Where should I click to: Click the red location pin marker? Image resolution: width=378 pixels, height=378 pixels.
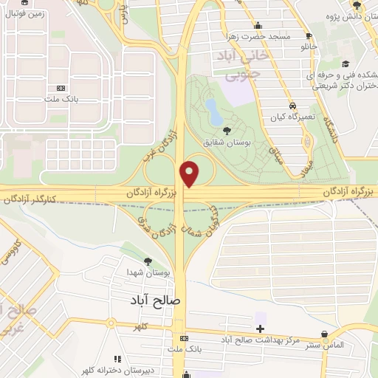point(190,173)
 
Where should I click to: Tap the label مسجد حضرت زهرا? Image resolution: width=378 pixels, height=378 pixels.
point(255,36)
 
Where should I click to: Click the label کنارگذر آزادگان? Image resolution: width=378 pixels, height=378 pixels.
point(30,199)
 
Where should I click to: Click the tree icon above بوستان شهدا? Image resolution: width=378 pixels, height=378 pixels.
point(148,261)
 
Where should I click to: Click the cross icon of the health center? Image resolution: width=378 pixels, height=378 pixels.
point(260,328)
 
